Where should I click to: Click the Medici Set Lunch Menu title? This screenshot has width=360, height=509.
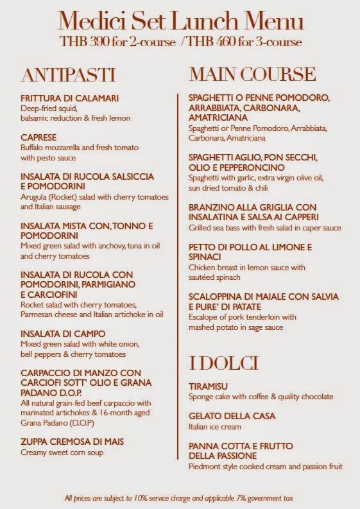click(x=180, y=23)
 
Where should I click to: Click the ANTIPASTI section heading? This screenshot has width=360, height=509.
click(x=68, y=74)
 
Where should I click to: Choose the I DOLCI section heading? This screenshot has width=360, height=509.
click(x=223, y=363)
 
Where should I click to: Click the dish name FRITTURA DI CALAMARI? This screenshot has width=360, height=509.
click(x=70, y=98)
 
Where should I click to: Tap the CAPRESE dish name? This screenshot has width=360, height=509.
click(x=39, y=137)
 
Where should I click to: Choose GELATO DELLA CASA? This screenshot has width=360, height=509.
click(x=232, y=416)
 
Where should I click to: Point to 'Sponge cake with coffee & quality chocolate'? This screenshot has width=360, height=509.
click(x=261, y=397)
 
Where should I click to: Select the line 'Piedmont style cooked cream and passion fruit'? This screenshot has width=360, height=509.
click(x=265, y=466)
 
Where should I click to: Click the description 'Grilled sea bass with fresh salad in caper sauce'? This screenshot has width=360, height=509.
click(x=264, y=228)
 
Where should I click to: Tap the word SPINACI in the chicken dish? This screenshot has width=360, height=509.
click(x=205, y=257)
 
